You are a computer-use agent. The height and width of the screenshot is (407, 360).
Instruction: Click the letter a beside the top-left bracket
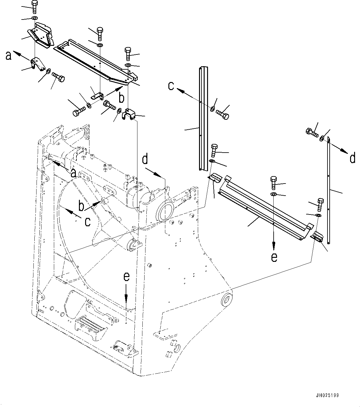[x=9, y=56]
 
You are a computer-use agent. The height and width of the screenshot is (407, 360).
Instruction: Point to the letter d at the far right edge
[x=352, y=158]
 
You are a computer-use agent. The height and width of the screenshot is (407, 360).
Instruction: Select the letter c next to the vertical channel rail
[x=171, y=85]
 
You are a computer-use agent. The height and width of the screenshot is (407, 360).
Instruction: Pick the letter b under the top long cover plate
[x=121, y=98]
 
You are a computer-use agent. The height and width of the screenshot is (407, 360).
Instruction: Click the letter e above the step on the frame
[x=126, y=277]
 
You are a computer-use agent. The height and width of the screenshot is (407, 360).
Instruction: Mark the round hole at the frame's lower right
[x=228, y=300]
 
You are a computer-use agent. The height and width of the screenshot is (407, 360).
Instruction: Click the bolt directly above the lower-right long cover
[x=274, y=183]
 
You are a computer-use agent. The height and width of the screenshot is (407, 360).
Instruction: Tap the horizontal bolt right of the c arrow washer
[x=223, y=114]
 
